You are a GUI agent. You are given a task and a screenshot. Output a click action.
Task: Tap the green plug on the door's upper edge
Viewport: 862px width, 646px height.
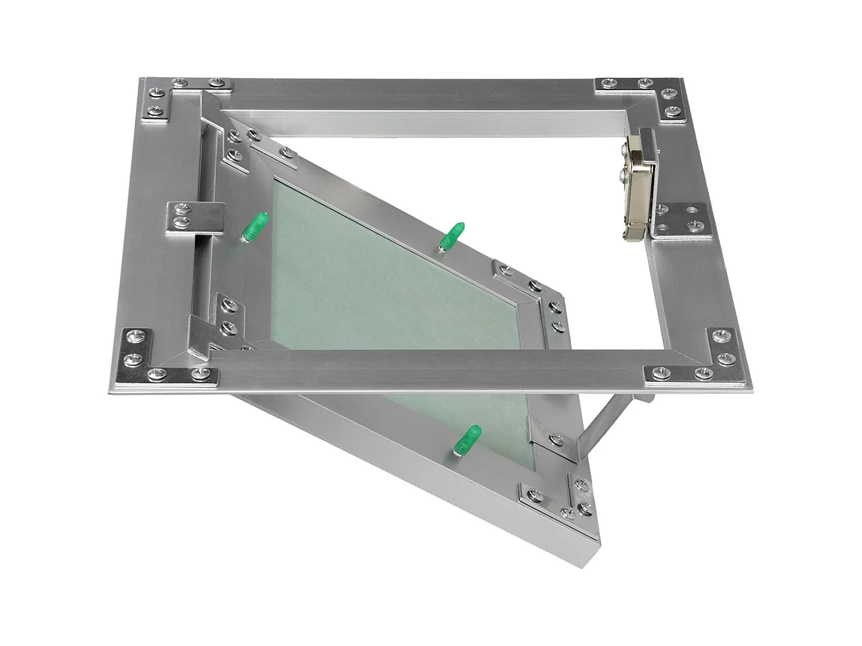click(451, 236)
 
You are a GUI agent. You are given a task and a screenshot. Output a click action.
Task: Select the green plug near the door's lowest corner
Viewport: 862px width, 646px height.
click(467, 442)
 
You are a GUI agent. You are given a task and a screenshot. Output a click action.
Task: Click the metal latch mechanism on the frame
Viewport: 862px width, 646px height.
click(638, 185)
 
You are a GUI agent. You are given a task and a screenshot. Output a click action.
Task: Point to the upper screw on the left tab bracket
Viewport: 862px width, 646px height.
click(182, 209)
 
